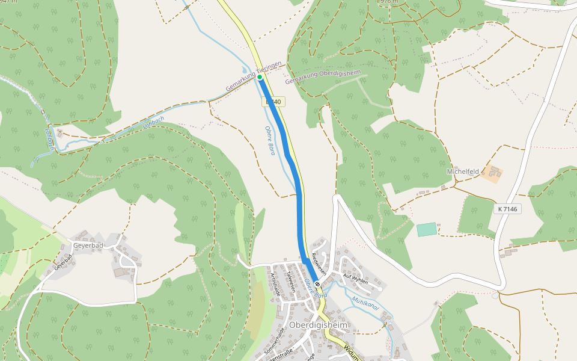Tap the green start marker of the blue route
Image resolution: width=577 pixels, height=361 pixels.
[x=260, y=77]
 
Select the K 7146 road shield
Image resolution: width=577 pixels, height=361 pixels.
[x=507, y=209]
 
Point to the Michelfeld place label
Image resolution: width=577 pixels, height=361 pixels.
[x=463, y=171]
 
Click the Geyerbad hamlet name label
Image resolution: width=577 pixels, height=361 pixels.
[x=88, y=245]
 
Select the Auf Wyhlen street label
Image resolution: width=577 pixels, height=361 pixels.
[x=355, y=277]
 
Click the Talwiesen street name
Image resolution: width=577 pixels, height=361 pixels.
[x=291, y=280]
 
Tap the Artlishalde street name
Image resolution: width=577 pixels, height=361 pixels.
[x=275, y=284]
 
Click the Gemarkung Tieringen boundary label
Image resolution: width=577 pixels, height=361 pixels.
[x=253, y=76]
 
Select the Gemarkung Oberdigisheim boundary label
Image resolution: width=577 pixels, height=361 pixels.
[x=323, y=76]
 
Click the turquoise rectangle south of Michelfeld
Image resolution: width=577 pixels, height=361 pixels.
[x=427, y=229]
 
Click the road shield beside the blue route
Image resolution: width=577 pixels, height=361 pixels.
[x=273, y=102]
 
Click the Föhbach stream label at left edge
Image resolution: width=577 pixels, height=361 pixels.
[x=50, y=139]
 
